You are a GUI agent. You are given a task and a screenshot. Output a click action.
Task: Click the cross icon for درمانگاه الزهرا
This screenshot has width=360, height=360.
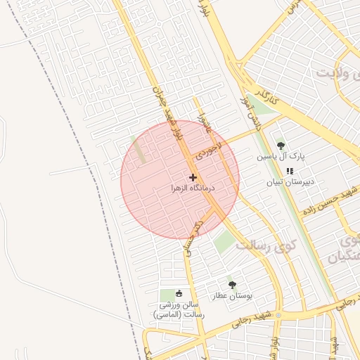193,177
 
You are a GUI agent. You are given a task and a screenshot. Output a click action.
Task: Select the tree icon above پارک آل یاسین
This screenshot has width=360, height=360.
281,145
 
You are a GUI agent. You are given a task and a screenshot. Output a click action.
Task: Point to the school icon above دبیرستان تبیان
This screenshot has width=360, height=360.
290,171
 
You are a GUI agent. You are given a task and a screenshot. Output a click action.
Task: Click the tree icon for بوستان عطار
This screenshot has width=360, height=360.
232,285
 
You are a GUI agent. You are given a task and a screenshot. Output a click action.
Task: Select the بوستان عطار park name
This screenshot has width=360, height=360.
229,296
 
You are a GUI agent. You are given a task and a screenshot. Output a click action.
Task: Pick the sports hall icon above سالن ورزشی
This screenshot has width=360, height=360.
179,293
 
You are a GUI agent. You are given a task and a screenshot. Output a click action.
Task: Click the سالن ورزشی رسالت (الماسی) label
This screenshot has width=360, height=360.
179,310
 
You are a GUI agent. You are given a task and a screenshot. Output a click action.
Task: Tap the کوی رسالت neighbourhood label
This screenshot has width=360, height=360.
266,245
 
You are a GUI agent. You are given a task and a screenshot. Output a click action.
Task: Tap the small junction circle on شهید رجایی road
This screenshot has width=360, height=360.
278,315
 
